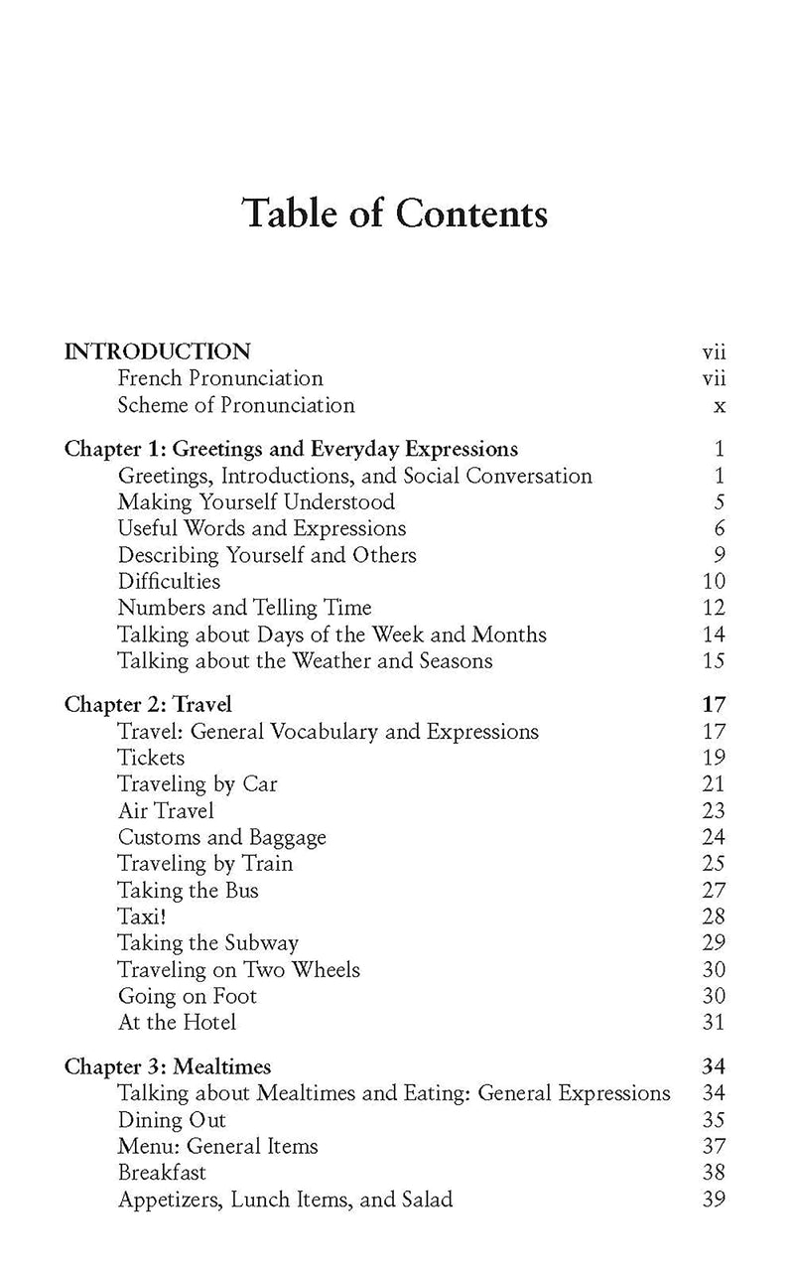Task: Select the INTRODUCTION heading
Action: click(x=157, y=352)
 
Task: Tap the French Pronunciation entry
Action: click(x=219, y=378)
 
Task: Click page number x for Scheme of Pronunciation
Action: click(x=720, y=405)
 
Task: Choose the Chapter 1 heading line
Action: click(x=291, y=449)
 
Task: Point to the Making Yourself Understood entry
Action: click(x=256, y=502)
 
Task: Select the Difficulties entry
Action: click(x=169, y=582)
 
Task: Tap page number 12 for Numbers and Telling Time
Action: click(x=714, y=608)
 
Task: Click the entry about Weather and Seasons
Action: click(x=305, y=660)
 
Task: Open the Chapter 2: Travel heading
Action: click(x=148, y=705)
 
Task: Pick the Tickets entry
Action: click(x=151, y=758)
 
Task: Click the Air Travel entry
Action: click(x=166, y=810)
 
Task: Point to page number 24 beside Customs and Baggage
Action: click(x=714, y=837)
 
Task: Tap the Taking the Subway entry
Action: click(x=207, y=943)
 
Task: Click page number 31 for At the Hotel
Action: click(x=714, y=1022)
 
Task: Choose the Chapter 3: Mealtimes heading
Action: click(x=168, y=1067)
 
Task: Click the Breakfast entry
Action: click(x=162, y=1173)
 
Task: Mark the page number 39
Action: click(x=714, y=1200)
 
